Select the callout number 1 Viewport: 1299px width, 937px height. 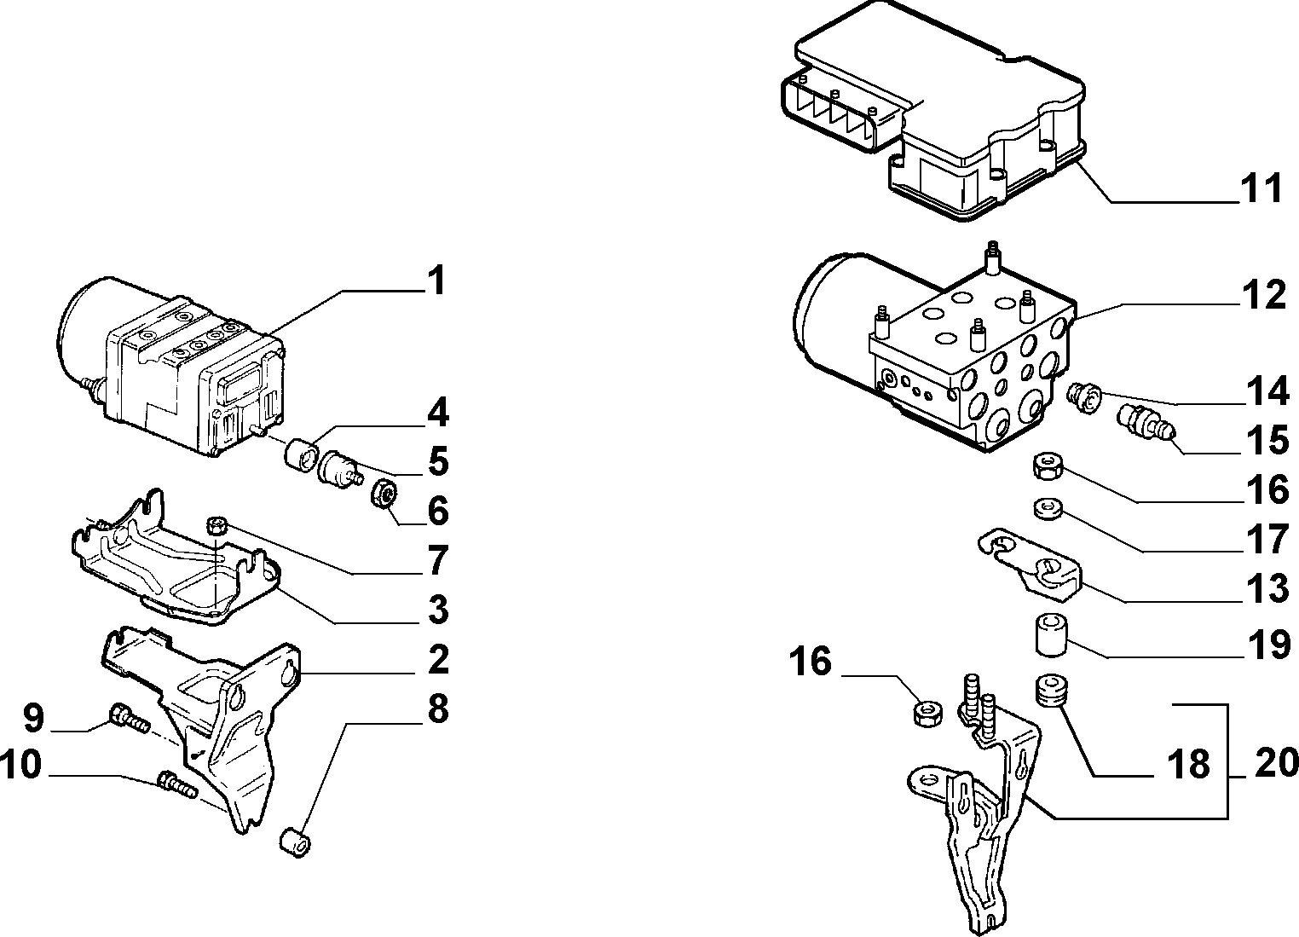(x=436, y=281)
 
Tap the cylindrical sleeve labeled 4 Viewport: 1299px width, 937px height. (x=301, y=454)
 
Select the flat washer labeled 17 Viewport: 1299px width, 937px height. (x=1047, y=507)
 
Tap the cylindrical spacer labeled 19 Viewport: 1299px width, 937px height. (x=1051, y=636)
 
